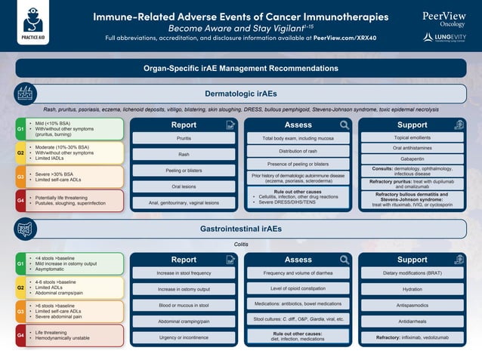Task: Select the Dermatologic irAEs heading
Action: [241, 94]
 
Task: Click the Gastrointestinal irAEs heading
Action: [241, 228]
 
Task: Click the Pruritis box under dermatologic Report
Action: [184, 139]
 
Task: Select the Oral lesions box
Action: [184, 186]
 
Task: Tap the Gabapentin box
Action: [412, 159]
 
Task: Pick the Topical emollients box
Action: [412, 137]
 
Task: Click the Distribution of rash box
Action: [298, 151]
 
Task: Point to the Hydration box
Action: [412, 288]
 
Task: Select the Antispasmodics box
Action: [412, 305]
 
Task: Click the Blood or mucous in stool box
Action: [184, 305]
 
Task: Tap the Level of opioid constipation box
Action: [298, 288]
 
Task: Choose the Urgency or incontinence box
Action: [184, 337]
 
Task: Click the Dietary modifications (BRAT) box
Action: [412, 272]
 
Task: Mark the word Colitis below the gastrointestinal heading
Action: [241, 244]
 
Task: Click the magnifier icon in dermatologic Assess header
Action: [345, 125]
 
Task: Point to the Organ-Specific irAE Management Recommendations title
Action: [241, 68]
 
